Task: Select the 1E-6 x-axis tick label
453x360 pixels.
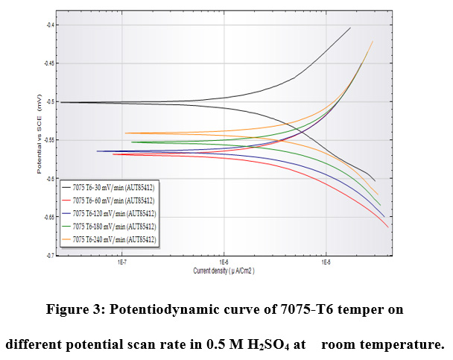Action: [223, 263]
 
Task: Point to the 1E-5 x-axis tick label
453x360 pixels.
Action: [326, 263]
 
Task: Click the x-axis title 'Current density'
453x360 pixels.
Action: [224, 271]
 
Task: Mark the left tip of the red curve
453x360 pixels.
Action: [113, 154]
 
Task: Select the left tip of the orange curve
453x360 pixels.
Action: [126, 133]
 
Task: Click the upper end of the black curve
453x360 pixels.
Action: [350, 28]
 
